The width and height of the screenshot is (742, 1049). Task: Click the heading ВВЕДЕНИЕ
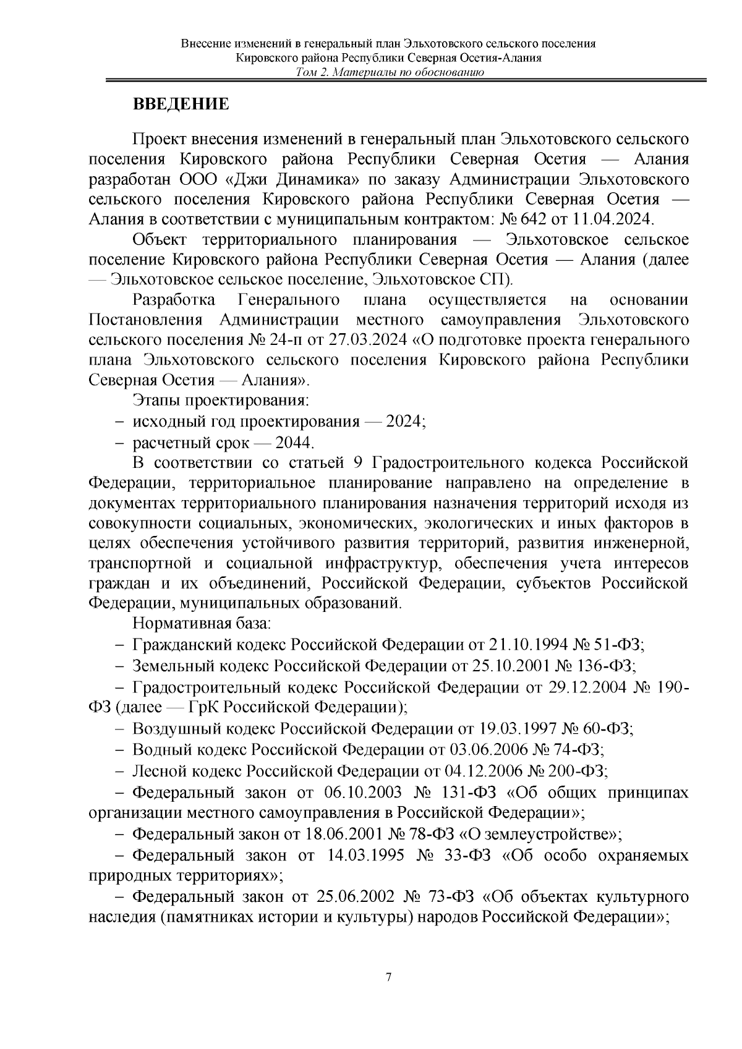point(181,104)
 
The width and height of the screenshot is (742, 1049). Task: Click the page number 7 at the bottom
point(388,977)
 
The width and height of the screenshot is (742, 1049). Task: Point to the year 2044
point(294,443)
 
